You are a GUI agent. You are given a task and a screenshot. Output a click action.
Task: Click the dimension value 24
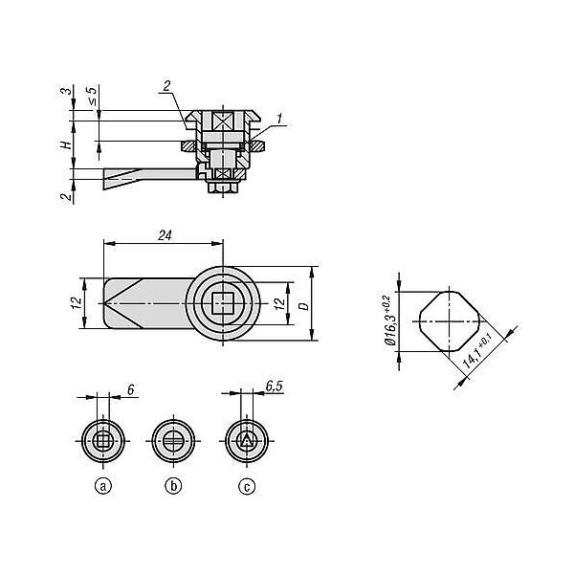coord(165,235)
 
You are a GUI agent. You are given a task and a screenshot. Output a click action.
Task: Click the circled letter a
coord(103,487)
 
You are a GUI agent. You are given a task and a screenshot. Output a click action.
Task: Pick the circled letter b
coord(173,487)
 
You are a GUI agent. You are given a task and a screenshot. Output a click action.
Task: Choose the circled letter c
coord(247,487)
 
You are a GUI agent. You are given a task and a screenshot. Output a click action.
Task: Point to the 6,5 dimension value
coord(275,386)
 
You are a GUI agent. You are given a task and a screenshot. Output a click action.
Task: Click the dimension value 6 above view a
coord(131,390)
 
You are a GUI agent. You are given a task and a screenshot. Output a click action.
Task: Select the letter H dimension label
coord(66,145)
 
